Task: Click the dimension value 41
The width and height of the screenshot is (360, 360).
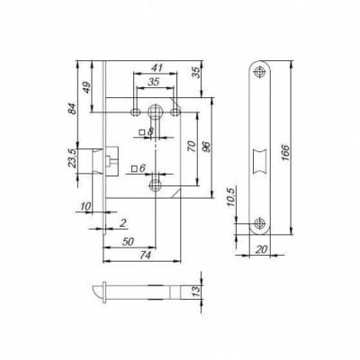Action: pos(157,68)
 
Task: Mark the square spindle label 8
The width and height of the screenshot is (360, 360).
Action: pos(150,133)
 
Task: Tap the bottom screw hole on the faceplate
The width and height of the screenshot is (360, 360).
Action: pos(262,222)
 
